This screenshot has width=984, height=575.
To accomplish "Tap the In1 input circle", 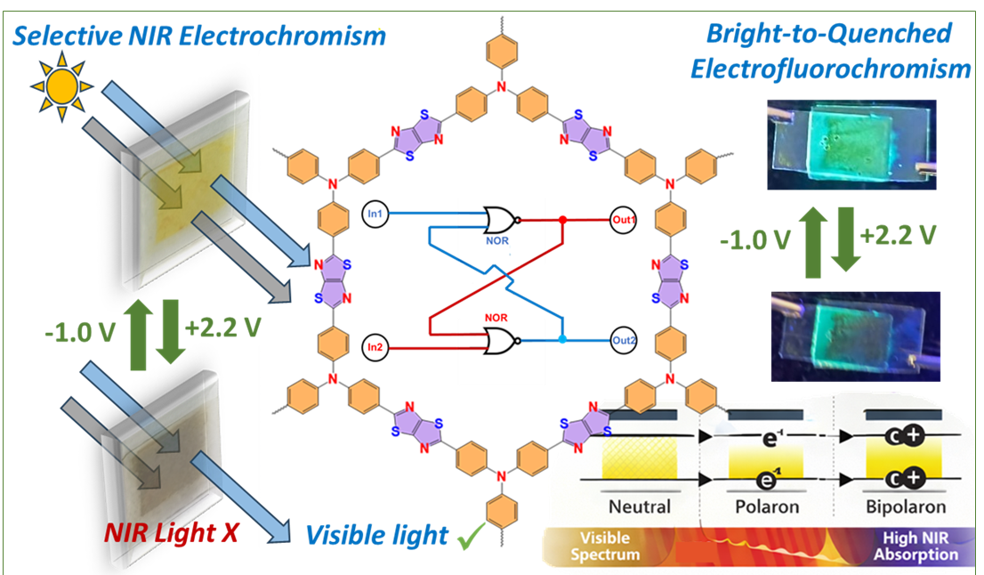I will click(x=373, y=215).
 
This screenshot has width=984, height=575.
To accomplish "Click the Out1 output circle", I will click(x=623, y=218).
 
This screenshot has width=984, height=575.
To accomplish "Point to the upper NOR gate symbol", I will click(x=502, y=218).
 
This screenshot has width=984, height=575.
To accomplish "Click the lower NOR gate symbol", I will click(x=502, y=340).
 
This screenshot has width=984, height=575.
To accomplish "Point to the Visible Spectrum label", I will click(x=610, y=546).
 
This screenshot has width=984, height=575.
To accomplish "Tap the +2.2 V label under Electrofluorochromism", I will click(x=901, y=238).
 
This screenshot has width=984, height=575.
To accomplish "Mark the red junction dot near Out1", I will click(x=562, y=218).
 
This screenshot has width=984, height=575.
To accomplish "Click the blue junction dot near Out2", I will click(x=562, y=340).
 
